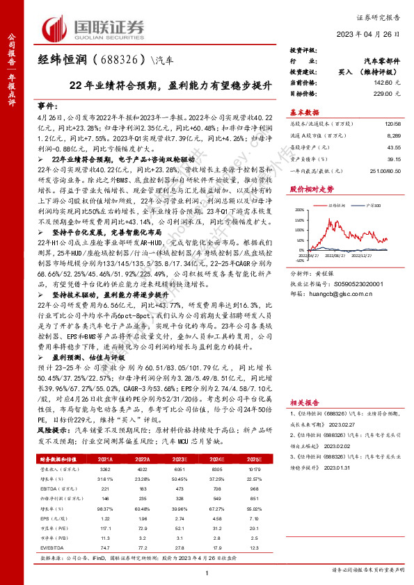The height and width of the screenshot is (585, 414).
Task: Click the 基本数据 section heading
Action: pos(304,112)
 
